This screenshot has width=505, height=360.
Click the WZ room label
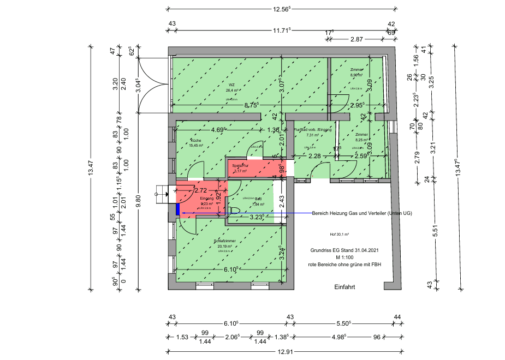point(232,85)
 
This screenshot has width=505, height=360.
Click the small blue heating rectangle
point(178,209)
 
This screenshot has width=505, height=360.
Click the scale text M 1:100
point(345,257)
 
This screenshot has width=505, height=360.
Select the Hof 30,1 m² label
point(339,235)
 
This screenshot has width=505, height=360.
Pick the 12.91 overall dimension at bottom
point(283,352)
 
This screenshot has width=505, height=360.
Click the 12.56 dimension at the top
point(282,9)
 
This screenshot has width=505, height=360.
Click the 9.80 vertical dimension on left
point(139,202)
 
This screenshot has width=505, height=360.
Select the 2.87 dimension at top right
point(357,39)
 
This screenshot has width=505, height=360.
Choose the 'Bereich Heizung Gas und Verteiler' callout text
point(361,213)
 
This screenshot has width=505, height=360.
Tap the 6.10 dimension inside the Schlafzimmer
point(230,269)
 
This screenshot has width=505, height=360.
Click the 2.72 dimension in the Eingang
point(200,190)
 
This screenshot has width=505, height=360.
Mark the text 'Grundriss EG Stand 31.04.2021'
point(344,251)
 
